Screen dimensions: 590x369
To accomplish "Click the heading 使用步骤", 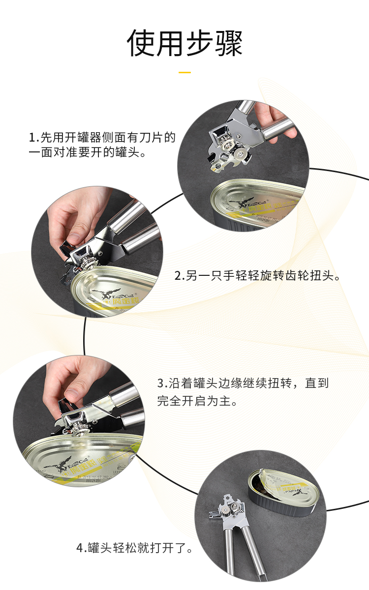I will click(184, 43).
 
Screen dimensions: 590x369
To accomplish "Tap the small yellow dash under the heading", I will click(184, 72).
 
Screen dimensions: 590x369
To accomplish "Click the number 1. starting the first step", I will click(34, 137).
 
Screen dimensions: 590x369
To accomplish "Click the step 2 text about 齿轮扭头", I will click(258, 276).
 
